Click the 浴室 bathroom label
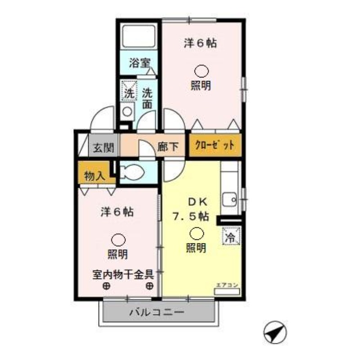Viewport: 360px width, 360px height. click(139, 63)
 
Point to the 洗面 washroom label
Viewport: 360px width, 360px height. click(147, 99)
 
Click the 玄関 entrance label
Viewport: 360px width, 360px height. click(103, 147)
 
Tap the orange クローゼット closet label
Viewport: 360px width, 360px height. click(214, 146)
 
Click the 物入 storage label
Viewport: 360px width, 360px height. click(94, 176)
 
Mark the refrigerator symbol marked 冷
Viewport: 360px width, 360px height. click(230, 236)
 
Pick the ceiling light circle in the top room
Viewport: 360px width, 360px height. click(201, 71)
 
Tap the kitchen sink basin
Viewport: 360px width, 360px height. click(231, 198)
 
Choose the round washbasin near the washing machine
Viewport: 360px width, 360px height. click(128, 111)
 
